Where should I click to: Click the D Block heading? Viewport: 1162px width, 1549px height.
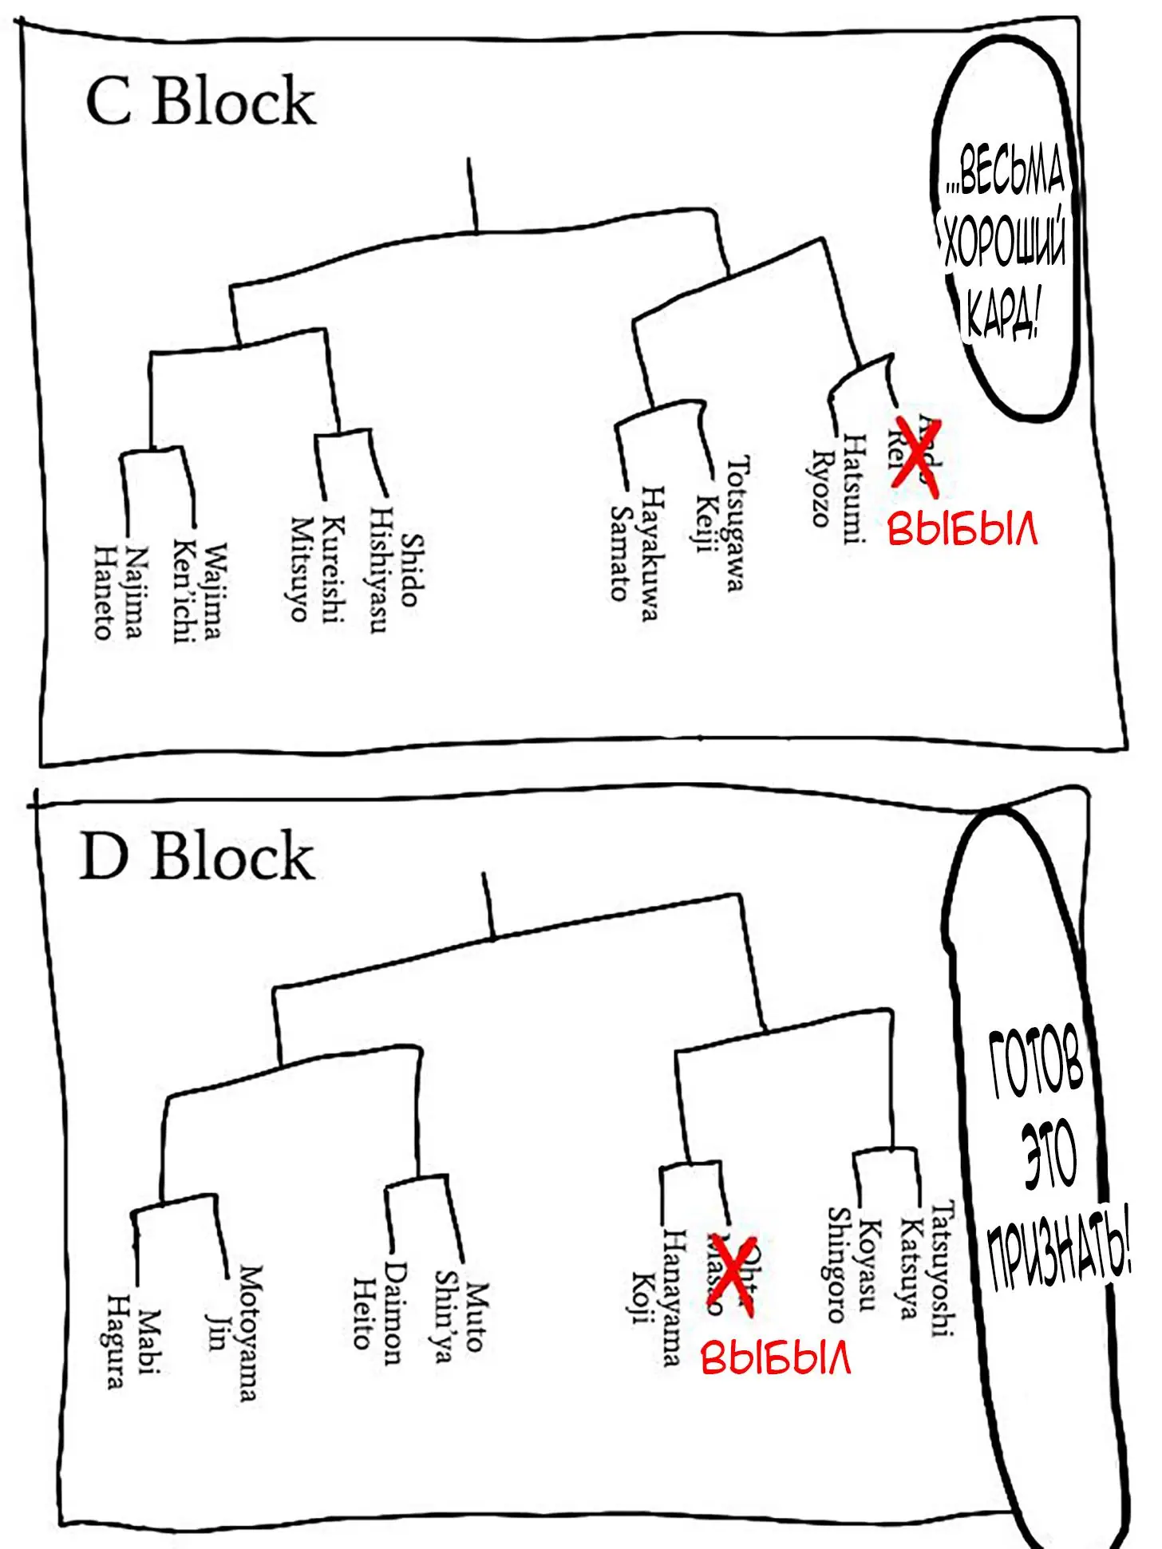(x=197, y=856)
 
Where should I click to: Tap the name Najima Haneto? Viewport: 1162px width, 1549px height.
(x=119, y=591)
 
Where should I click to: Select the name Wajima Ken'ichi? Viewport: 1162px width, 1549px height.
(x=197, y=591)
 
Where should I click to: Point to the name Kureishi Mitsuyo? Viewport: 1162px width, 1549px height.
(x=315, y=568)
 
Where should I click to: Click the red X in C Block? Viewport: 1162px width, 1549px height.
(x=915, y=452)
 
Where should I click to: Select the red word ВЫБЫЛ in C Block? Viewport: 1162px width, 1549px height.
(x=962, y=529)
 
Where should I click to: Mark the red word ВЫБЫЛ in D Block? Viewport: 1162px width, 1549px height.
(x=776, y=1357)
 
